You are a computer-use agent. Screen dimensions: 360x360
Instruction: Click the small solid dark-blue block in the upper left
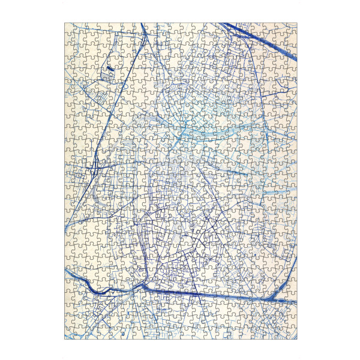[110, 70]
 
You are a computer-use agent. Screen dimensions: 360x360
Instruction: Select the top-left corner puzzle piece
[70, 28]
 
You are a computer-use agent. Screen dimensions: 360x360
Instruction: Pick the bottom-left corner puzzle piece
[70, 334]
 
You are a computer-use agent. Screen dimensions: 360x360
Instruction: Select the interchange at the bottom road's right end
[277, 298]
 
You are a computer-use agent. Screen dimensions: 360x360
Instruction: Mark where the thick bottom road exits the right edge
[296, 301]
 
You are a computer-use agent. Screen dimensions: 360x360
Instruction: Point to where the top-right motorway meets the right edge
[296, 58]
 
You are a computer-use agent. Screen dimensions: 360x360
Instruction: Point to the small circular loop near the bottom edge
[122, 332]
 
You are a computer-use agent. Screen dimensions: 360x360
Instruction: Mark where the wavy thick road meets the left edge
[65, 271]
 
